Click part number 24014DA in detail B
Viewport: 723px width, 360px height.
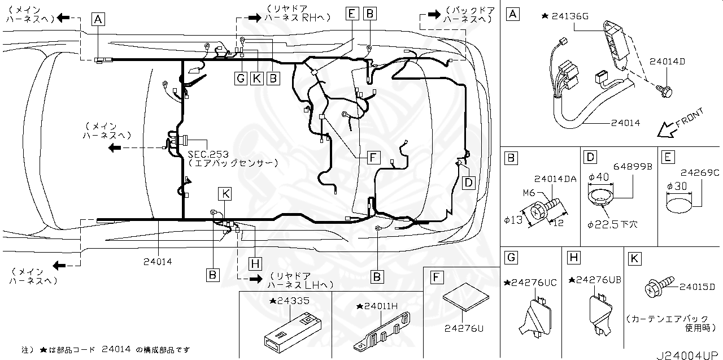(555, 179)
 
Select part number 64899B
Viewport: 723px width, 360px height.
(633, 167)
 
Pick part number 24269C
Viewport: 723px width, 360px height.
(699, 172)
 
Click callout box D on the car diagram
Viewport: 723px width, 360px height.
(468, 182)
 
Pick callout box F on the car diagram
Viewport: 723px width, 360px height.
(372, 157)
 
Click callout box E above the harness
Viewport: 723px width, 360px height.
(352, 13)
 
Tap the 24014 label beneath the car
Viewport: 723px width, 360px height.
(158, 261)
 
